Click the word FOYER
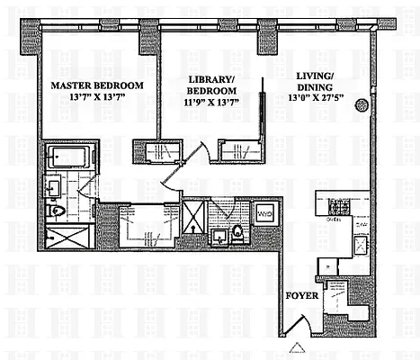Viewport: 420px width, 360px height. pos(299,294)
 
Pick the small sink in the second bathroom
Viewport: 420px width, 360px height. pos(218,238)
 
